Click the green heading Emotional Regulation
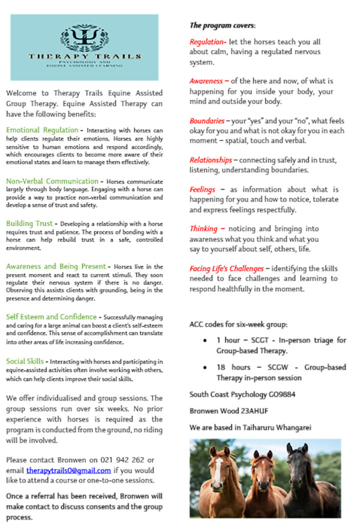point(42,130)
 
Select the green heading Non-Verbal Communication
point(52,181)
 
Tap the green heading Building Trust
point(29,223)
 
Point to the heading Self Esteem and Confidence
point(51,316)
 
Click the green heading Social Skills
point(25,361)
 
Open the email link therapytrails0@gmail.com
point(69,470)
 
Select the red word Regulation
point(206,42)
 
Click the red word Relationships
point(210,160)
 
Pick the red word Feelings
point(202,189)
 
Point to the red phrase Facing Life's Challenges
point(227,268)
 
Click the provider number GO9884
point(282,394)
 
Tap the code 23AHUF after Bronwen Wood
point(255,411)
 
